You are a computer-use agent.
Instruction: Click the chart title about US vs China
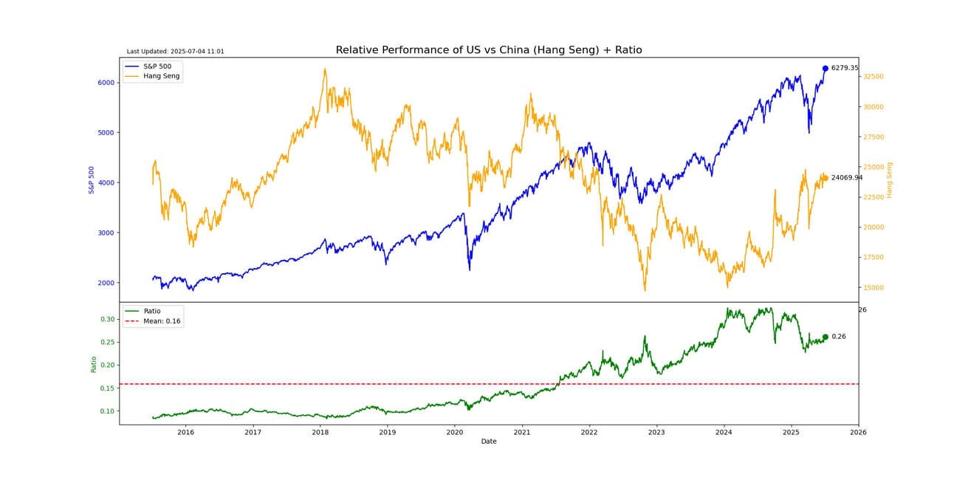(x=488, y=50)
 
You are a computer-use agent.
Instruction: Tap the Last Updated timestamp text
(x=175, y=52)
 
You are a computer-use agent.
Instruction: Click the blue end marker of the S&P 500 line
(x=825, y=69)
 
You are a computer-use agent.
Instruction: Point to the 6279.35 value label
(x=845, y=68)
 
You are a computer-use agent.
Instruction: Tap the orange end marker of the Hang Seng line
(x=825, y=177)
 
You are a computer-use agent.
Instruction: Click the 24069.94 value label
(x=846, y=177)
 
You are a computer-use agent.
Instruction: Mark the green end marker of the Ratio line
(x=825, y=337)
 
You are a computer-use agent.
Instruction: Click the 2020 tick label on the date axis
(x=454, y=432)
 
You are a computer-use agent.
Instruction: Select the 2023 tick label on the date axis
(x=656, y=432)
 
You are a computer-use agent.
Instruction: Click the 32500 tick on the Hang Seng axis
(x=874, y=77)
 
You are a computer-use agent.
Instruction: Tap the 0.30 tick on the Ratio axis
(x=109, y=319)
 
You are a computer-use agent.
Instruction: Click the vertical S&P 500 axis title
(x=92, y=179)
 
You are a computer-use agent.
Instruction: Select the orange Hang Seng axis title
(x=890, y=179)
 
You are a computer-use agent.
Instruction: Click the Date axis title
(x=489, y=442)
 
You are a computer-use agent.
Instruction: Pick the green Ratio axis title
(x=94, y=364)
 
